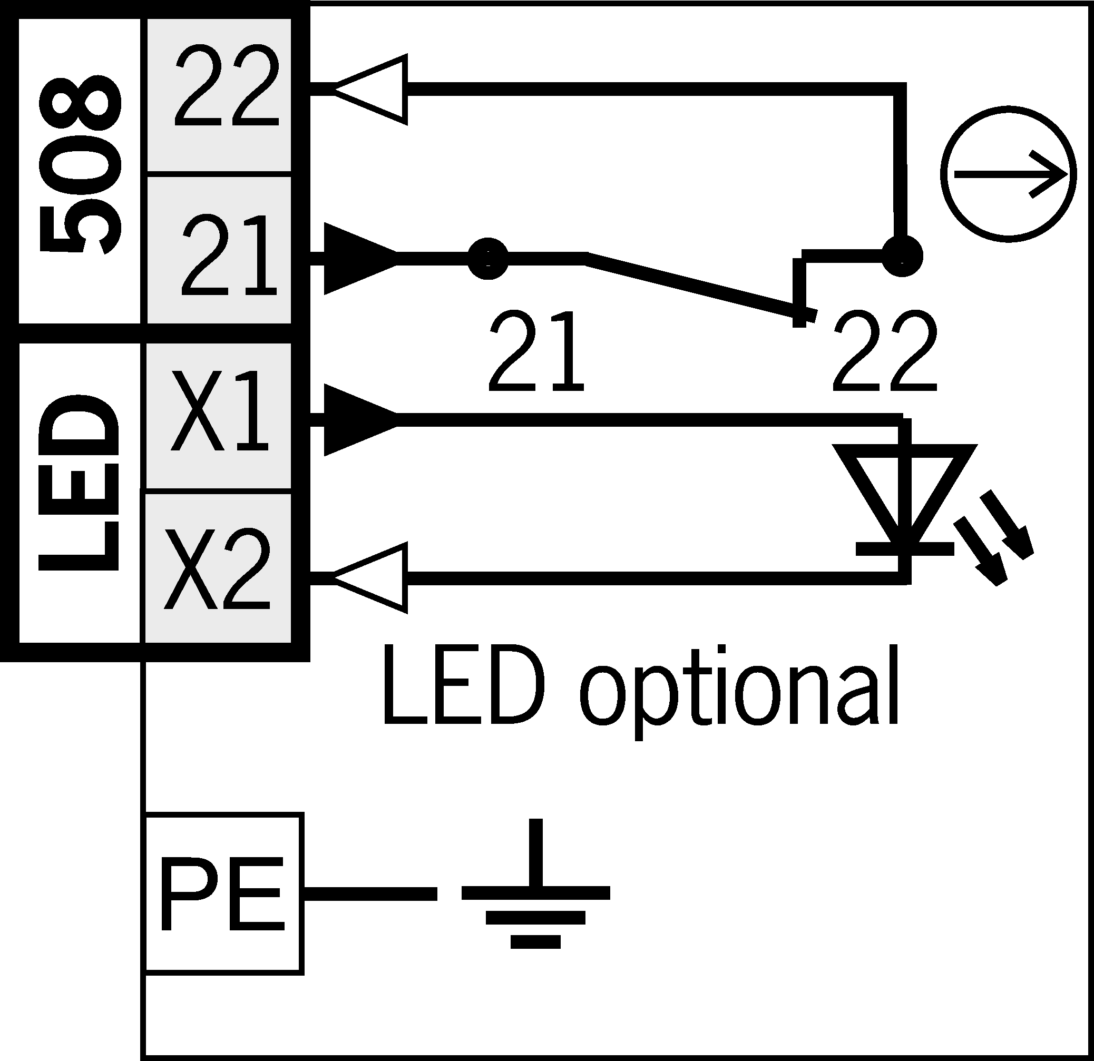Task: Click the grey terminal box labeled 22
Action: pos(219,95)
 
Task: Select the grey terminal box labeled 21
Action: pos(219,250)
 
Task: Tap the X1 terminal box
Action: pos(219,417)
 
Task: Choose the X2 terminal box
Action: pos(219,568)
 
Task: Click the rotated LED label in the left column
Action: pos(79,483)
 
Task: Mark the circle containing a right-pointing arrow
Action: pos(1008,175)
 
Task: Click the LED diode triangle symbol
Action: pos(905,497)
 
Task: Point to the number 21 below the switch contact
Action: pos(536,350)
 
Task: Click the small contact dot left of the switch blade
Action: pos(488,259)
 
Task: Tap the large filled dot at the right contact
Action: pos(902,256)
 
